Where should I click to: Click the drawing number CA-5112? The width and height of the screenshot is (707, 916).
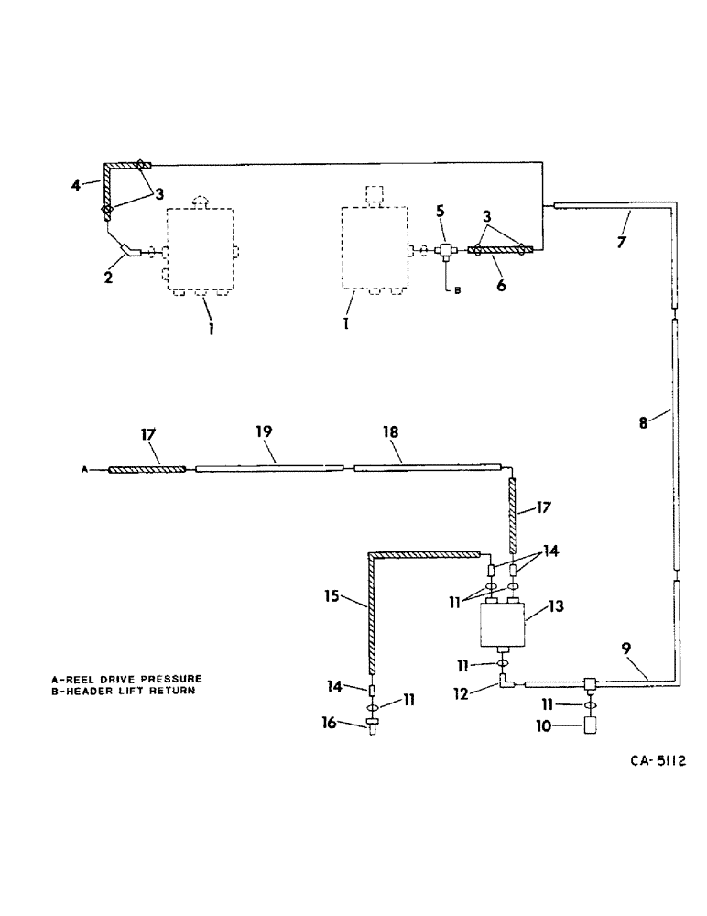(658, 760)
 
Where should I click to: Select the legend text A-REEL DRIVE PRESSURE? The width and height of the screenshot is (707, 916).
(126, 679)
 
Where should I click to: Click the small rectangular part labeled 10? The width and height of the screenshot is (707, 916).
(589, 725)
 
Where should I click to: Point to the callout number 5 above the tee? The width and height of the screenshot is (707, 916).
(441, 211)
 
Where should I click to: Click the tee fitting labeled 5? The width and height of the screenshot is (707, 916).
(445, 249)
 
